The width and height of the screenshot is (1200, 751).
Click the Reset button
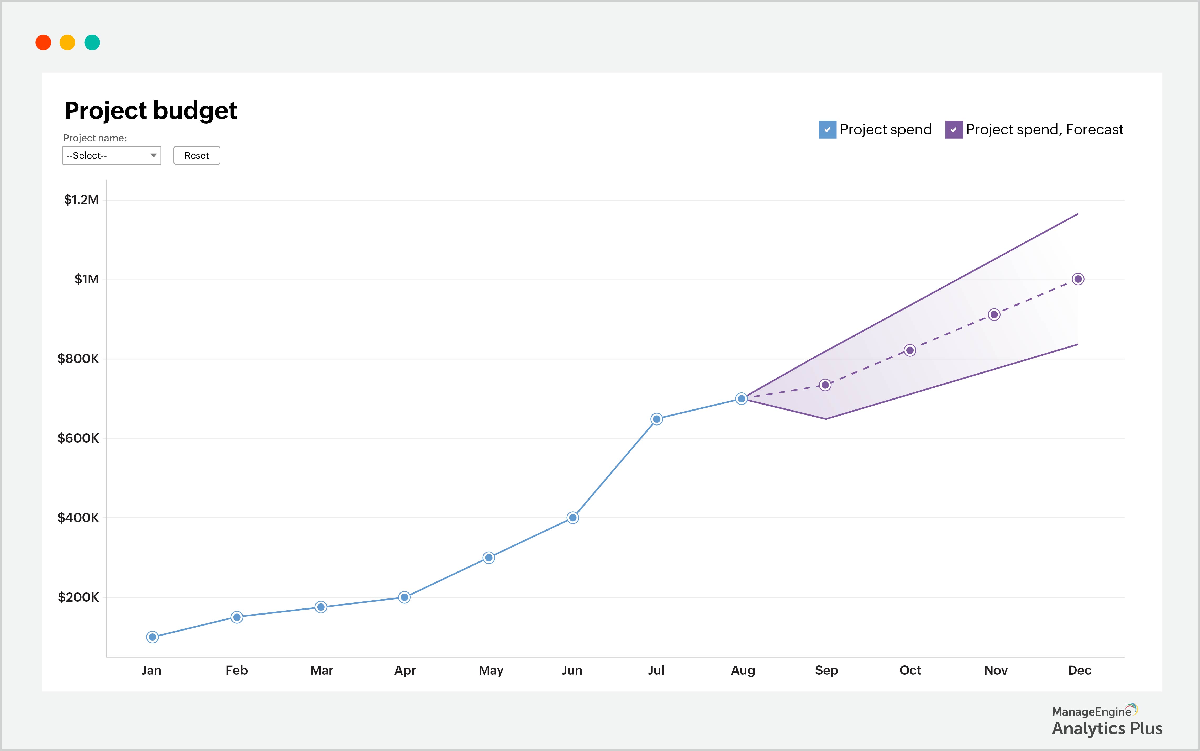click(197, 155)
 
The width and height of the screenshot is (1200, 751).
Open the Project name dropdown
click(112, 155)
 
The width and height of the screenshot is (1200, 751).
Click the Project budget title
click(150, 110)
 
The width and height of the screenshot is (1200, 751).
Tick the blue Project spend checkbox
click(827, 130)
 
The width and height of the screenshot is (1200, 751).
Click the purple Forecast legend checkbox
click(953, 130)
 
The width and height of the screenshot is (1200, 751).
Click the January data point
click(152, 637)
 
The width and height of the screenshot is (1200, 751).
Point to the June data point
click(572, 518)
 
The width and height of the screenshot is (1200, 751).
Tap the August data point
click(741, 398)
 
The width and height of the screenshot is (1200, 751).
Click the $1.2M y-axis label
click(81, 200)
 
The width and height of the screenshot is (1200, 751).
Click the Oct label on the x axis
click(910, 670)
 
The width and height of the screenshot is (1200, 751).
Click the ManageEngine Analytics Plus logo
click(1107, 721)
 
